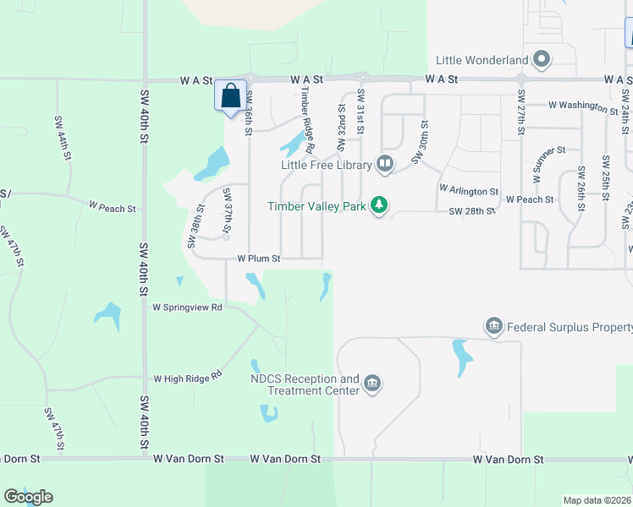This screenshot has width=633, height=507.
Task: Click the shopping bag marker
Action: [231, 95]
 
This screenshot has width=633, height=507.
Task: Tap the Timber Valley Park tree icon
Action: [380, 206]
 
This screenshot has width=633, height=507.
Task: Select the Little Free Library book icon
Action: [385, 163]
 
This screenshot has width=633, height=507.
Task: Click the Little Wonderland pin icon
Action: [542, 60]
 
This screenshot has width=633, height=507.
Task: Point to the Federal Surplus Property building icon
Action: [493, 326]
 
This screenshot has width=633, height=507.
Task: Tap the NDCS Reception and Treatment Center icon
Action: [372, 385]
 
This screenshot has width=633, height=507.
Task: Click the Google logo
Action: [28, 497]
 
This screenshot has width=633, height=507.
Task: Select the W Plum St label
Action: [258, 258]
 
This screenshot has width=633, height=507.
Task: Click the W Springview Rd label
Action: [187, 308]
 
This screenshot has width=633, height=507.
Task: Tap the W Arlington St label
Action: [469, 191]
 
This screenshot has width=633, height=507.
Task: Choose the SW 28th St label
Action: [471, 210]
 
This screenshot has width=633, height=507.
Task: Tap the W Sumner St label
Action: [549, 163]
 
